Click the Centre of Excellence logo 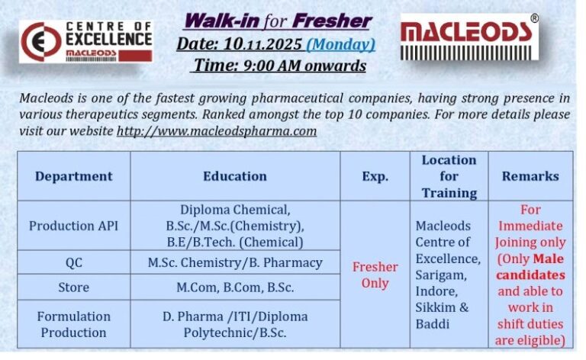[x=85, y=41]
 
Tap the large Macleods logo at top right [x=469, y=37]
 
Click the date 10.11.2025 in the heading [x=260, y=44]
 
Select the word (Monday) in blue [x=340, y=44]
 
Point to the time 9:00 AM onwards [x=279, y=66]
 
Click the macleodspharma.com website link [x=216, y=130]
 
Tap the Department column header [x=73, y=176]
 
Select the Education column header [x=235, y=176]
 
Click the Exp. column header [x=375, y=176]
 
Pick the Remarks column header [x=530, y=176]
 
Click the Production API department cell [x=73, y=226]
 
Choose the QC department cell [x=73, y=262]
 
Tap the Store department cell [x=73, y=288]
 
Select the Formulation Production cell [x=73, y=324]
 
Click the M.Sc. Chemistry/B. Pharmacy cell [x=235, y=262]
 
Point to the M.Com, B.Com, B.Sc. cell [x=235, y=288]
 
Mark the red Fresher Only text [x=375, y=275]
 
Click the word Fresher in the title [x=333, y=21]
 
